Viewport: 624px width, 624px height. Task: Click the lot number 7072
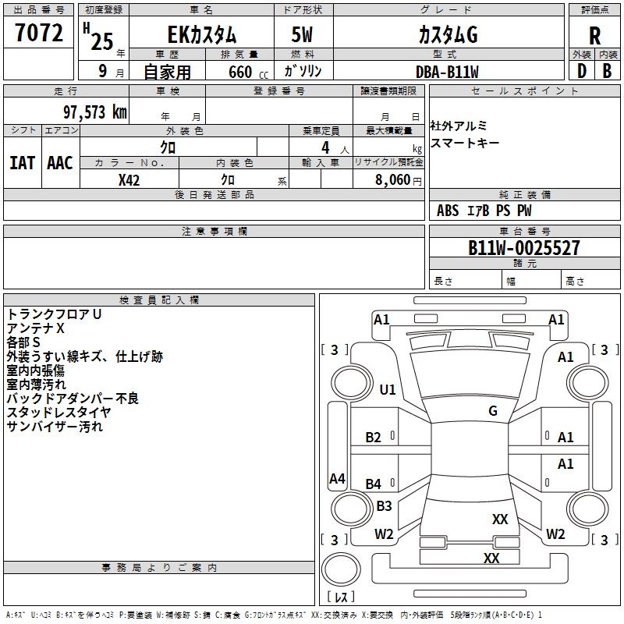(x=39, y=34)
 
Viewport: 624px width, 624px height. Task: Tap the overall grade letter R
(x=594, y=36)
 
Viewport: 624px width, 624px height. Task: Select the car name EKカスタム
(x=202, y=35)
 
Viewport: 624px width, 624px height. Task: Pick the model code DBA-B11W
(x=447, y=72)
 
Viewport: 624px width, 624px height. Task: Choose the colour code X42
(x=129, y=179)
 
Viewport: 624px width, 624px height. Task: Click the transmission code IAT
(x=22, y=163)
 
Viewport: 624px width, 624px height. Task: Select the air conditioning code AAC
(x=60, y=163)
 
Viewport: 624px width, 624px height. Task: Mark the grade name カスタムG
(x=447, y=35)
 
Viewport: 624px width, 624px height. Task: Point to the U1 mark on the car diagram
(x=388, y=389)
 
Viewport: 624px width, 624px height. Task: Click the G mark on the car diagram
(x=493, y=410)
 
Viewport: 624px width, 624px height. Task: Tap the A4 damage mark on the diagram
(x=337, y=479)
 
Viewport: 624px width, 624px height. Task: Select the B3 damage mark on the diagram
(x=384, y=506)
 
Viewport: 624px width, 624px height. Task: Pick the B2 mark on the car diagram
(x=374, y=438)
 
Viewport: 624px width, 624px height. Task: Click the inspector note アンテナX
(x=36, y=328)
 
